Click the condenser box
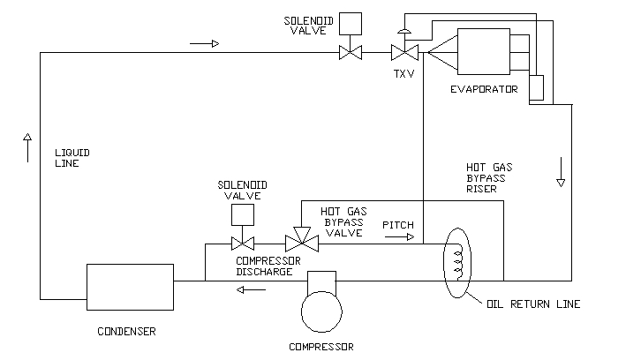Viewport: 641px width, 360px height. pos(129,287)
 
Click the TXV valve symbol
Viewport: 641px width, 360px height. pos(403,53)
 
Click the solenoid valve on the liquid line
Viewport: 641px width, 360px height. pos(351,53)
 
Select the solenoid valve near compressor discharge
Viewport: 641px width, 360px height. pos(242,243)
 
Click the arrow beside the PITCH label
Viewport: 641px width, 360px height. pos(398,237)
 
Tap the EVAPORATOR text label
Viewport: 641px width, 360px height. pos(484,88)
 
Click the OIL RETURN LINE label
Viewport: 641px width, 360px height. pos(534,304)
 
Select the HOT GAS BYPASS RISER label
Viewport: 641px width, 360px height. pos(494,176)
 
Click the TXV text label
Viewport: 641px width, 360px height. pos(403,74)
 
